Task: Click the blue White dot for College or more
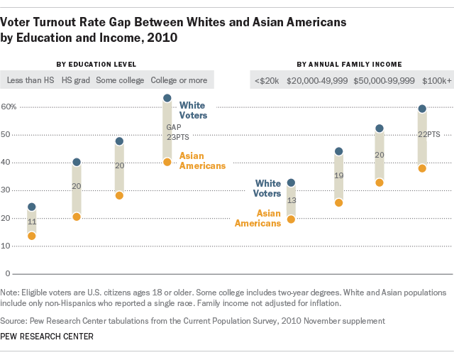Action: tap(167, 98)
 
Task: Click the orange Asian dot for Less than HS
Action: tap(31, 236)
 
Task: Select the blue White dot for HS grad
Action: tap(77, 162)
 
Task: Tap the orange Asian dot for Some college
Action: tap(119, 195)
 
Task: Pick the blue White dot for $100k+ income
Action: tap(422, 109)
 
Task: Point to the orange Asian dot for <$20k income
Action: tap(291, 219)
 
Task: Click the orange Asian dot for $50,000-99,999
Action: tap(379, 182)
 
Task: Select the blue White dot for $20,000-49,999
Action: tap(338, 151)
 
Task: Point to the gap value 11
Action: tap(31, 222)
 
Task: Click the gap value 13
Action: tap(291, 201)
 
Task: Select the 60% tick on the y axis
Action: tap(9, 107)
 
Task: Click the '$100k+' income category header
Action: tap(437, 80)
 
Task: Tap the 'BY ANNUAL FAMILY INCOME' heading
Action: tap(349, 65)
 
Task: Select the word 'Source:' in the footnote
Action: tap(15, 321)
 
